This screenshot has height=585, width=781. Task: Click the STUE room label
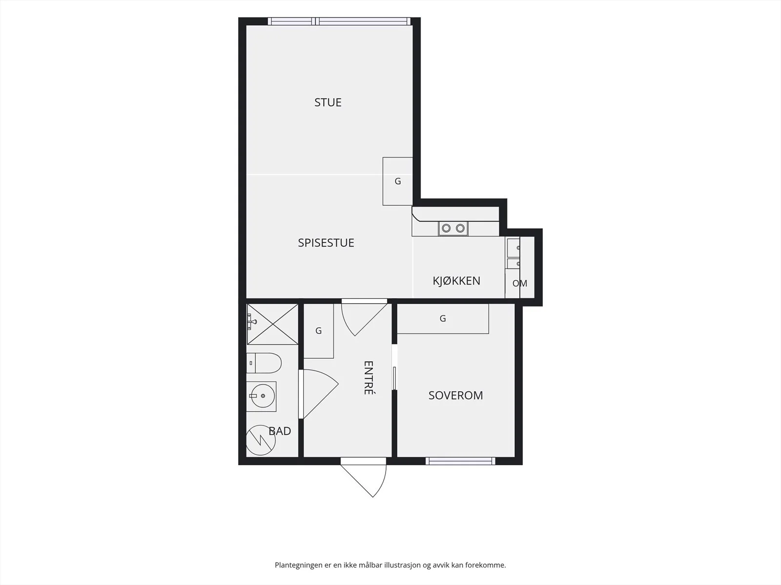coord(328,102)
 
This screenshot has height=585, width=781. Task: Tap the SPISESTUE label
coord(326,243)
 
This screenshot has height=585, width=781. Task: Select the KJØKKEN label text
coord(456,281)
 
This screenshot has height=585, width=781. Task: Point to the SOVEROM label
coord(455,395)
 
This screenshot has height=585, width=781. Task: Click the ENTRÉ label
coord(368,377)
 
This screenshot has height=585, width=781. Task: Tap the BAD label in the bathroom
coord(280,431)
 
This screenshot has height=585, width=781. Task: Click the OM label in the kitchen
coord(519,283)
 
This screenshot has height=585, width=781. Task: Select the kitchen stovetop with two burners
coord(453,228)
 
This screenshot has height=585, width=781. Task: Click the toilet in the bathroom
coord(264,363)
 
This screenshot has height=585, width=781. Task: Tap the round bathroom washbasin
coord(262,396)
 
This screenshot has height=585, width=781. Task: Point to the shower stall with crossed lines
coord(272,324)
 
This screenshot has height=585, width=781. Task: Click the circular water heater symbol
coord(261,440)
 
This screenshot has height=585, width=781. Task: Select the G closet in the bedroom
coord(443,319)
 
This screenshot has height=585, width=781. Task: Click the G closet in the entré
coord(318,331)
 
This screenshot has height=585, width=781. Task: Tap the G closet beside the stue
coord(398,181)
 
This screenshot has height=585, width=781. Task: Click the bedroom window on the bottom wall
coord(460,461)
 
